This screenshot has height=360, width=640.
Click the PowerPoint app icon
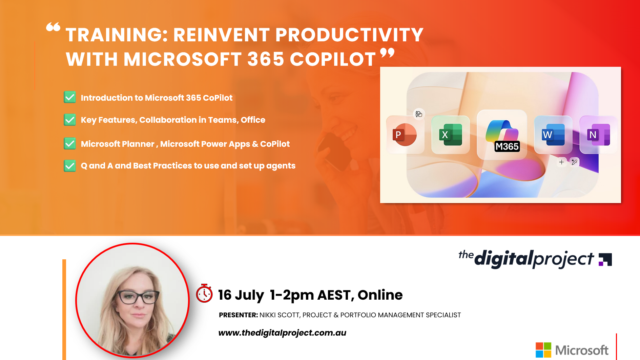pyautogui.click(x=405, y=135)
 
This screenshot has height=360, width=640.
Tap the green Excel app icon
pyautogui.click(x=451, y=135)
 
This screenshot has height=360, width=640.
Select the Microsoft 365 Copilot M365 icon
pyautogui.click(x=502, y=135)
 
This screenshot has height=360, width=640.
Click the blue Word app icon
pyautogui.click(x=553, y=135)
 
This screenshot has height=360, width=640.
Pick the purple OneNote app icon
pyautogui.click(x=598, y=135)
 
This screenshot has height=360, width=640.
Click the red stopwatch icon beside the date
pyautogui.click(x=204, y=294)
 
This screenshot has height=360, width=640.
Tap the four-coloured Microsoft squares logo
pyautogui.click(x=543, y=350)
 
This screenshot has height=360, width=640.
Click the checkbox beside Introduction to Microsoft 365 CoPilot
pyautogui.click(x=70, y=97)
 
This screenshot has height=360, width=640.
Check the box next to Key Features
pyautogui.click(x=70, y=120)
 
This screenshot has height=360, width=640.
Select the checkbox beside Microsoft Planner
pyautogui.click(x=70, y=144)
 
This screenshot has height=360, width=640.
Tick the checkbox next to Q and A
pyautogui.click(x=70, y=166)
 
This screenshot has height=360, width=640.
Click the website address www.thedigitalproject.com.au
pyautogui.click(x=282, y=333)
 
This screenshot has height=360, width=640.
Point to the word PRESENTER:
pyautogui.click(x=238, y=315)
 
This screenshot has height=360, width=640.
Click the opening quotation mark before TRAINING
pyautogui.click(x=53, y=27)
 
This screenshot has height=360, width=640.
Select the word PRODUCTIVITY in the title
pyautogui.click(x=349, y=35)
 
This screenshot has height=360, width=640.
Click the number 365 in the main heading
pyautogui.click(x=266, y=59)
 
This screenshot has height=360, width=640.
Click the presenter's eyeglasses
pyautogui.click(x=138, y=297)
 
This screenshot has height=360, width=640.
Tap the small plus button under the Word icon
pyautogui.click(x=561, y=162)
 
